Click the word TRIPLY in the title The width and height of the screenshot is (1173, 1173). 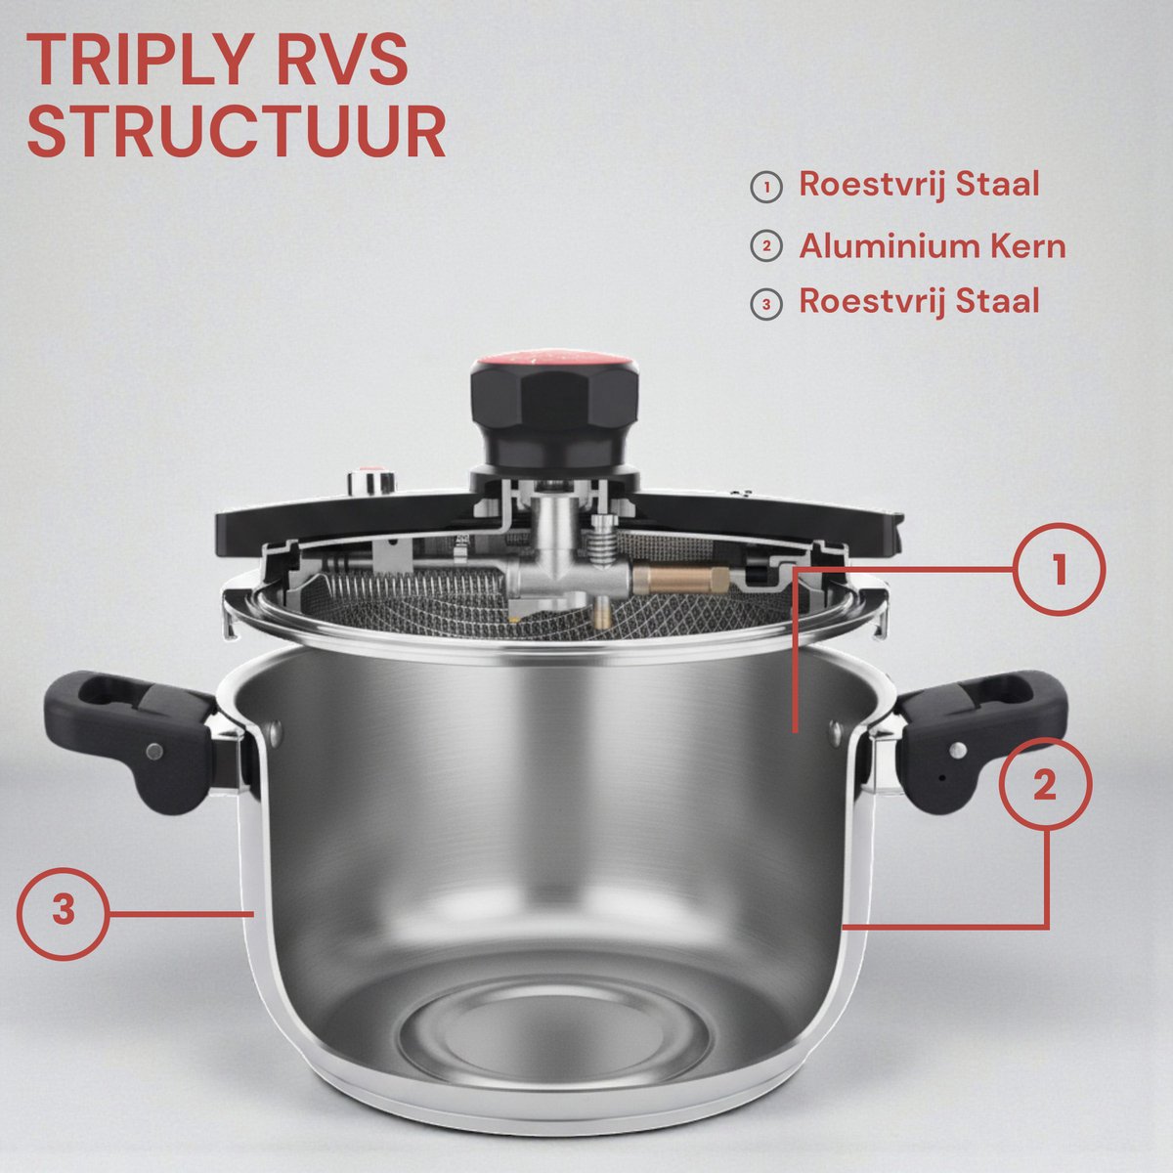point(138,61)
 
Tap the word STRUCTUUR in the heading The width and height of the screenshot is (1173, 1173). point(237,133)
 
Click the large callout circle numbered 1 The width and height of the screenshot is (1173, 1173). point(1060,569)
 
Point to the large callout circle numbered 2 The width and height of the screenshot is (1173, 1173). point(1045,785)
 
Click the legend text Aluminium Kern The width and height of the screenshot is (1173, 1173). point(932,246)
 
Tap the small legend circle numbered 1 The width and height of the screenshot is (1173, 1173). point(766,188)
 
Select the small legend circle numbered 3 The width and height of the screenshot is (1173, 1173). point(766,304)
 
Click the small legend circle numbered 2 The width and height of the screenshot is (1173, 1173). point(766,246)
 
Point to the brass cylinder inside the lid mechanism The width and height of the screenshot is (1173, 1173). point(681,580)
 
